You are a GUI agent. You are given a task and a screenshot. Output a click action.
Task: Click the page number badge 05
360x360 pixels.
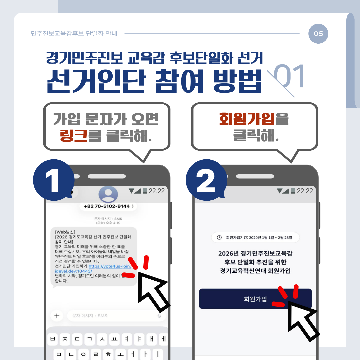(x=318, y=34)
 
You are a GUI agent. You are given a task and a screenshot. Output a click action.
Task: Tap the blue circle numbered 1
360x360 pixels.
(x=53, y=180)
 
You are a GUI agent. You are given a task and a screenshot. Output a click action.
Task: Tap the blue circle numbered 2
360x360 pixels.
(x=206, y=180)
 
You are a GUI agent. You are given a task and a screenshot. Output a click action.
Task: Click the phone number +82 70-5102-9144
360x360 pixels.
(x=107, y=206)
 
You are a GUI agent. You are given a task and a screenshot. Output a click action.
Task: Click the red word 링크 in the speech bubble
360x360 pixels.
(x=73, y=135)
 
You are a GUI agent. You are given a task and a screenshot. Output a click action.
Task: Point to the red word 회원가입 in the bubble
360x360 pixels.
(x=247, y=119)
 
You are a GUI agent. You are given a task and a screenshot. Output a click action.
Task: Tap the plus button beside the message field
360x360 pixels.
(x=57, y=316)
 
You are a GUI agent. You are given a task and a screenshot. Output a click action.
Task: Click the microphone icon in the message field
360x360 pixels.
(x=159, y=316)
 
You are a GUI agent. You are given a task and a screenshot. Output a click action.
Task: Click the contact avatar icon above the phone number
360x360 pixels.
(x=108, y=194)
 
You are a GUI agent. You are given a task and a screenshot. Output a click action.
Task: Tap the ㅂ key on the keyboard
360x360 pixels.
(x=53, y=339)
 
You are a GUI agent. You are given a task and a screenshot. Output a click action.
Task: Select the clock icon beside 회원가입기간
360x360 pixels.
(x=219, y=237)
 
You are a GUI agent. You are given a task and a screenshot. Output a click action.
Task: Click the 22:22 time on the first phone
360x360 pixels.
(x=157, y=191)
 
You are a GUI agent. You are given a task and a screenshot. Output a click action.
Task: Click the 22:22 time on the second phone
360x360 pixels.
(x=305, y=191)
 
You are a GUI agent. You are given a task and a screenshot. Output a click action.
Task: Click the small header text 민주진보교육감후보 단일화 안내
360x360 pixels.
(x=74, y=34)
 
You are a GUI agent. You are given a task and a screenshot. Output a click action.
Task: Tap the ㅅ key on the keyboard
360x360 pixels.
(x=102, y=339)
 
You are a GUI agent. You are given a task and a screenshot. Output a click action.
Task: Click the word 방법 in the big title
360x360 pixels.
(x=237, y=81)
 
